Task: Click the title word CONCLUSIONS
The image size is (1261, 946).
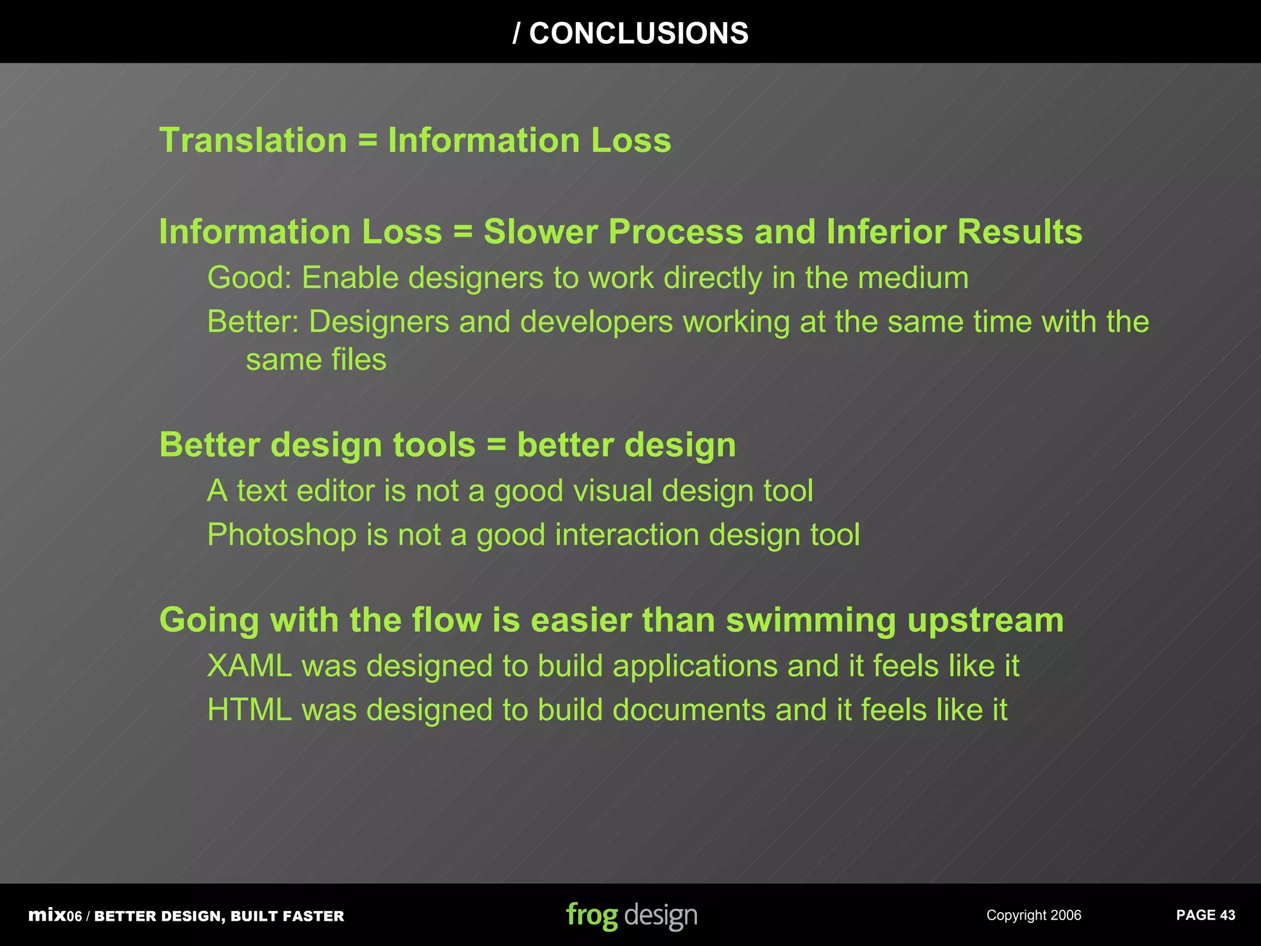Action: pos(639,33)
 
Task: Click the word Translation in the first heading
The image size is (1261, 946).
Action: pos(253,140)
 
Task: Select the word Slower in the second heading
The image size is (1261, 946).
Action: pos(540,232)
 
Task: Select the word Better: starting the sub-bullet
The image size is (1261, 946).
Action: pos(253,322)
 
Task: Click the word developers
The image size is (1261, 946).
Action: pos(597,322)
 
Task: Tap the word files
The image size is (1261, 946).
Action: pos(359,360)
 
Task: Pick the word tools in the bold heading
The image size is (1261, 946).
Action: pos(434,445)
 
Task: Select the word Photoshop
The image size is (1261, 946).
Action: pos(281,535)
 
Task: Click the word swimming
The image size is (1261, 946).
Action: pos(810,620)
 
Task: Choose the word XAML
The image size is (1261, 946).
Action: pos(249,666)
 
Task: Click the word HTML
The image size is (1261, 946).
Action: pos(249,710)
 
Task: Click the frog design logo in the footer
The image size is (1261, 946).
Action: pos(632,915)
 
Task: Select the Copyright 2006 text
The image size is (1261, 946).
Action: pos(1034,915)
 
